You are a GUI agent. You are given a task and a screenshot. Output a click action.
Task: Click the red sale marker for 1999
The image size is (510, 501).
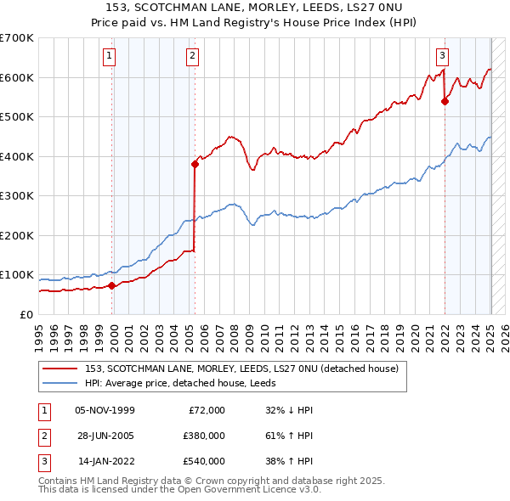point(112,285)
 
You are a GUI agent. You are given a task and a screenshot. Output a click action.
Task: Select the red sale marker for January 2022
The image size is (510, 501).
point(445,101)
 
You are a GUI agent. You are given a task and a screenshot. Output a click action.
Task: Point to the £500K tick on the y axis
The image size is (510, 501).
point(17,116)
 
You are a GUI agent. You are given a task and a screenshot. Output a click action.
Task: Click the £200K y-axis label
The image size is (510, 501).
point(17,235)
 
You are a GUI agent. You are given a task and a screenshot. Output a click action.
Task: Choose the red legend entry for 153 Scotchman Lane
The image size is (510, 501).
point(247,368)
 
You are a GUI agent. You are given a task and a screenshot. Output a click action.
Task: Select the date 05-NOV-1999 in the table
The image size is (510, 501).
point(105,410)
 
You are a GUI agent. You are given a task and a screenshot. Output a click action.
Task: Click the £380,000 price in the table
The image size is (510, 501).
point(204,436)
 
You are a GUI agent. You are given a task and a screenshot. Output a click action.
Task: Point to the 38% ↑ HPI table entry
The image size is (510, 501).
point(290,461)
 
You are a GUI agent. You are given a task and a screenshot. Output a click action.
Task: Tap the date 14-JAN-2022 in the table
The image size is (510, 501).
point(105,461)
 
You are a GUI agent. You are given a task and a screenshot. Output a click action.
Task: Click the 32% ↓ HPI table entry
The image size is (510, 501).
point(290,410)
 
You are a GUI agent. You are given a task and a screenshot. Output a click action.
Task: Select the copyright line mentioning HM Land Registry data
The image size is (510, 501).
point(212,481)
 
